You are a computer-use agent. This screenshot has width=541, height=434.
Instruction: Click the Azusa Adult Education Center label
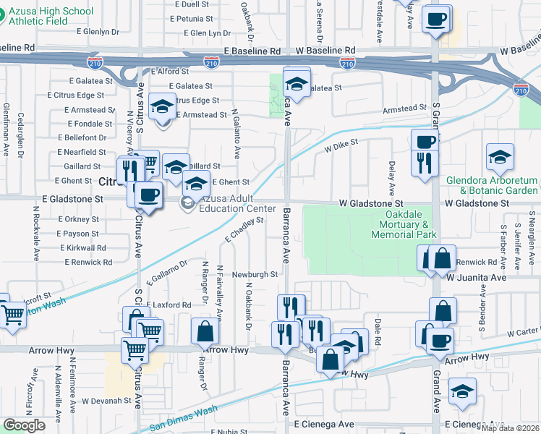tap(233, 203)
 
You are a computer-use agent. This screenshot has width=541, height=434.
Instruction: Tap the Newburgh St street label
tap(255, 275)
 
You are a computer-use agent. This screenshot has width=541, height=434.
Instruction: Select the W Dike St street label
tap(341, 148)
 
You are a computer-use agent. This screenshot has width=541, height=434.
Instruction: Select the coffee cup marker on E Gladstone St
tap(149, 195)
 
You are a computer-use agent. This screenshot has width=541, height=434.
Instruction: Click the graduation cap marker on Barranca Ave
tap(297, 80)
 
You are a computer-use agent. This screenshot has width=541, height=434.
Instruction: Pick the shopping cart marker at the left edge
tap(13, 314)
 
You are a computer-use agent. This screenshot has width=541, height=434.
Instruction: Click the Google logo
tap(24, 425)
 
